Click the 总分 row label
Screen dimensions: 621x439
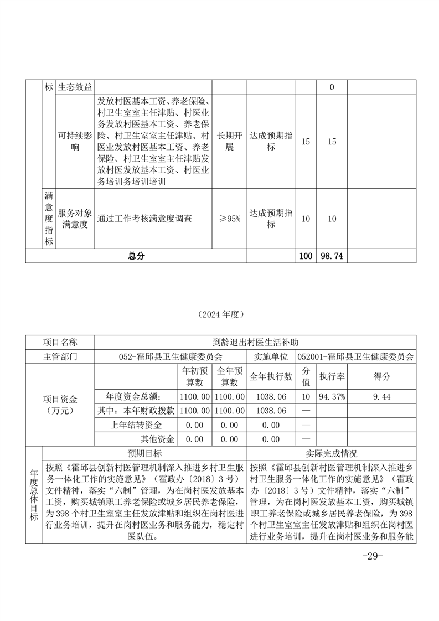pyautogui.click(x=136, y=256)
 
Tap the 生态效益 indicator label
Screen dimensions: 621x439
pyautogui.click(x=76, y=87)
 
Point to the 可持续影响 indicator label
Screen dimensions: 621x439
pyautogui.click(x=76, y=142)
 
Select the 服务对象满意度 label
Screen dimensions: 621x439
pyautogui.click(x=76, y=219)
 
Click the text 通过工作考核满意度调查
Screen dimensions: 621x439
pyautogui.click(x=145, y=219)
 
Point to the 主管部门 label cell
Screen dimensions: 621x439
pyautogui.click(x=60, y=356)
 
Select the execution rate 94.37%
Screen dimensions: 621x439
pyautogui.click(x=332, y=396)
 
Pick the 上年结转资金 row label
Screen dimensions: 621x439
pyautogui.click(x=136, y=425)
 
